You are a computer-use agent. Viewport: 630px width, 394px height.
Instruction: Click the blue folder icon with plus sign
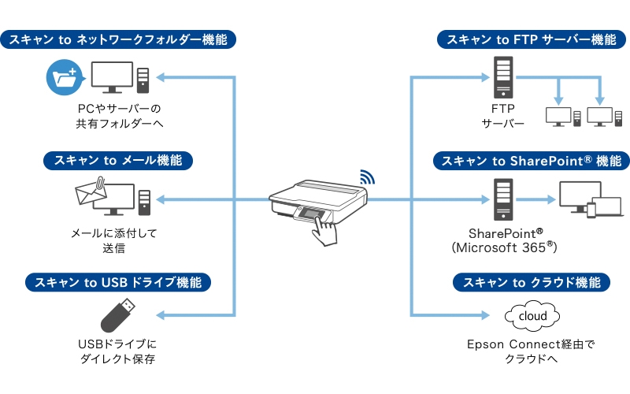click(x=63, y=77)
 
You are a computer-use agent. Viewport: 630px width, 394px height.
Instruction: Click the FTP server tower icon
click(x=502, y=76)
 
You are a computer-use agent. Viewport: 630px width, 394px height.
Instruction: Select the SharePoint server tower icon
click(x=502, y=199)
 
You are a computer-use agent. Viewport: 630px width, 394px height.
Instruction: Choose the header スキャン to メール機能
click(x=117, y=161)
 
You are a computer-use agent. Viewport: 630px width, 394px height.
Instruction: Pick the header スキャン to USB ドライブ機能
click(x=117, y=282)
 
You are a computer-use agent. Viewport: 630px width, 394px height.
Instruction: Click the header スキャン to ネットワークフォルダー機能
click(x=117, y=39)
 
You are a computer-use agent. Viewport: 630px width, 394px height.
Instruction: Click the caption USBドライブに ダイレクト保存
click(x=118, y=351)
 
